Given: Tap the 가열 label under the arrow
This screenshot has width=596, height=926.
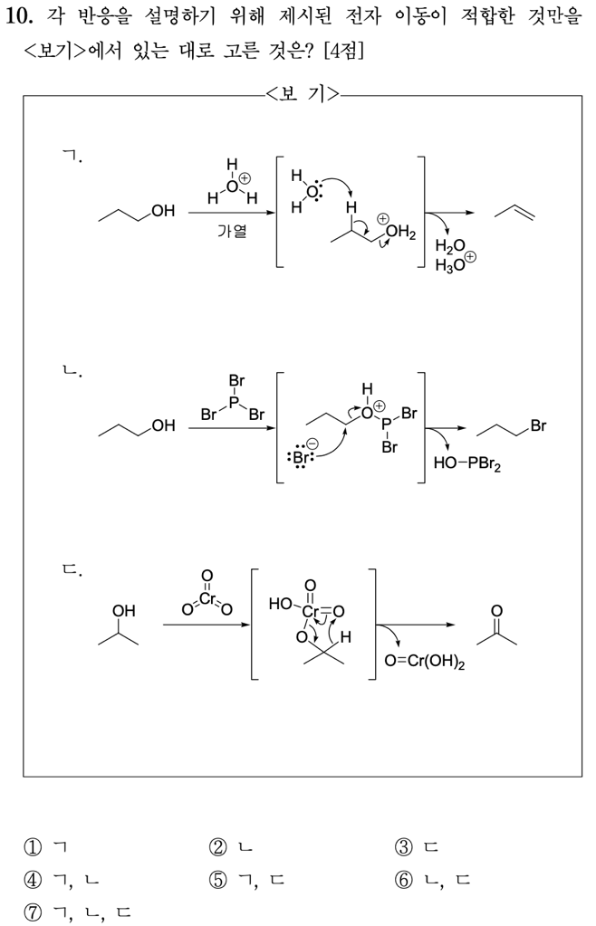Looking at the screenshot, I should click(231, 231).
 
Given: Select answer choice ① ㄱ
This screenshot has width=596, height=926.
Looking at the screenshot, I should click(46, 848).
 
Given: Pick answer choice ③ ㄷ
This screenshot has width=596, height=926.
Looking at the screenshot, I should click(417, 848).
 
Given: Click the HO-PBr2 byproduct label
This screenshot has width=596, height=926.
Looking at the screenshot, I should click(467, 463).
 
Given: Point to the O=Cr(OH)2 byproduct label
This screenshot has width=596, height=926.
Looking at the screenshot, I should click(424, 663).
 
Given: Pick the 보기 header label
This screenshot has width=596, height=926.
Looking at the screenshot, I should click(302, 94).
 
